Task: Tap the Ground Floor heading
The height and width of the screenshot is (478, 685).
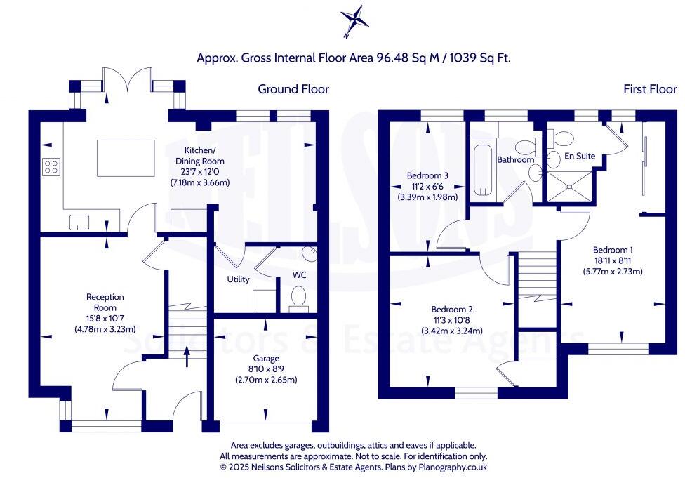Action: coord(293,89)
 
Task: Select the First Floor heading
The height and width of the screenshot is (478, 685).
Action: coord(650,89)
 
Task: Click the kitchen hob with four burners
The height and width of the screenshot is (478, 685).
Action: coord(51,166)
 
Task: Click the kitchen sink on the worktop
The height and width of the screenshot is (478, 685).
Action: coord(79,223)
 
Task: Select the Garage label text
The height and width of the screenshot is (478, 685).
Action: coord(265,357)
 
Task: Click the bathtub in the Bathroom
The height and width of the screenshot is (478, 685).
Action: coord(484,171)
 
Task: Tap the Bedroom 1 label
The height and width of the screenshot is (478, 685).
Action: coord(613,249)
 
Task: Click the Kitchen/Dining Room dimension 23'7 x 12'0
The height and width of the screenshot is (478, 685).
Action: coord(200,172)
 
